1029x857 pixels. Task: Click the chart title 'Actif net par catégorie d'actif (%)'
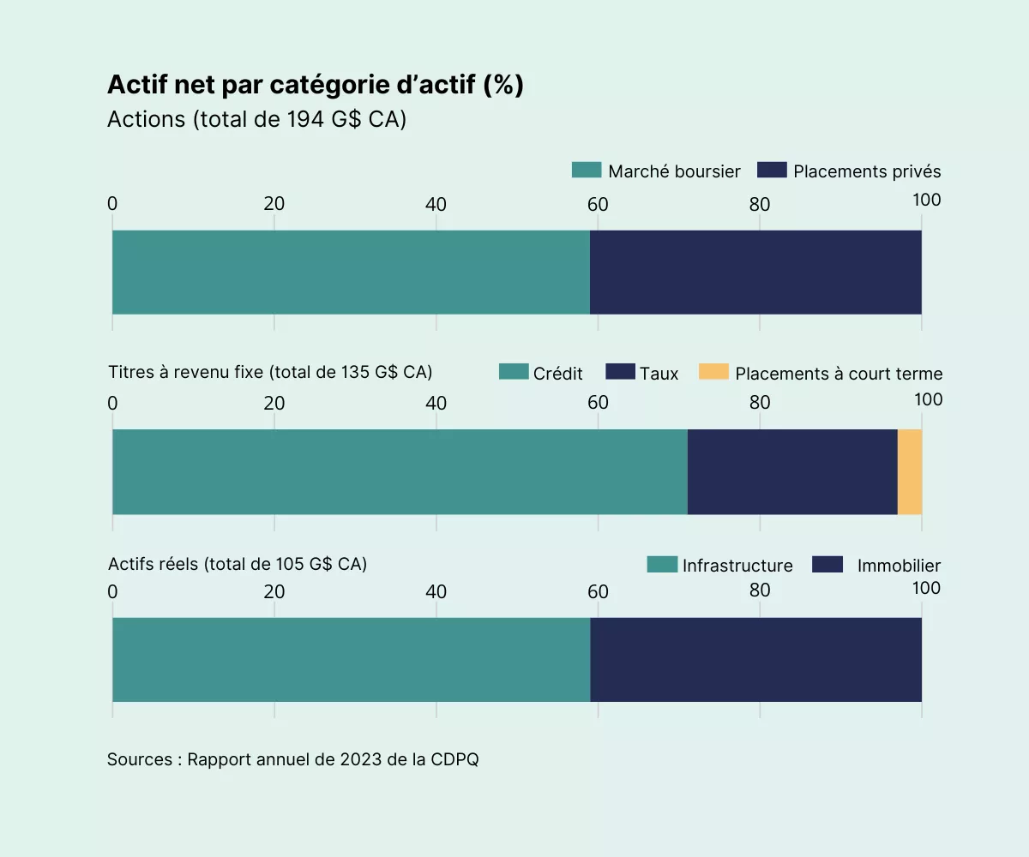[315, 85]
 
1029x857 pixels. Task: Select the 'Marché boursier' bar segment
[351, 272]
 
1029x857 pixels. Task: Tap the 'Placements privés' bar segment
[755, 272]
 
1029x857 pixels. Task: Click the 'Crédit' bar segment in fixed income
[400, 471]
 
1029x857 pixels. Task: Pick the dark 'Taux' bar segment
[792, 471]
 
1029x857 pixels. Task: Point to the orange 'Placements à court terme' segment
[910, 471]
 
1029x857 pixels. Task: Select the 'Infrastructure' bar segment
[351, 659]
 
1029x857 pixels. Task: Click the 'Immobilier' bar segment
[755, 659]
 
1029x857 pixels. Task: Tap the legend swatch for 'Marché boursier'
[587, 170]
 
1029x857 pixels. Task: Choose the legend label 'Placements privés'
[867, 171]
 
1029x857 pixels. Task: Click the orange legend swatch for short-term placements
[713, 372]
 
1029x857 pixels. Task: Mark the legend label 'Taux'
[659, 374]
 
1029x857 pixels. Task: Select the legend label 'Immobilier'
[899, 566]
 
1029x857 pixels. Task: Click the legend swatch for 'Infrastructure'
[661, 564]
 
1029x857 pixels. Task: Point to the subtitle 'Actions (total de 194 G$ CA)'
[256, 119]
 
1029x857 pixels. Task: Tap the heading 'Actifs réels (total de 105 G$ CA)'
[238, 564]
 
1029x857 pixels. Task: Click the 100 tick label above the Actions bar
[927, 200]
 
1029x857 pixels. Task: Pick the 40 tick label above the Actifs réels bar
[436, 591]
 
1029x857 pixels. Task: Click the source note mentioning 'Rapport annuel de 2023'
[292, 759]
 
